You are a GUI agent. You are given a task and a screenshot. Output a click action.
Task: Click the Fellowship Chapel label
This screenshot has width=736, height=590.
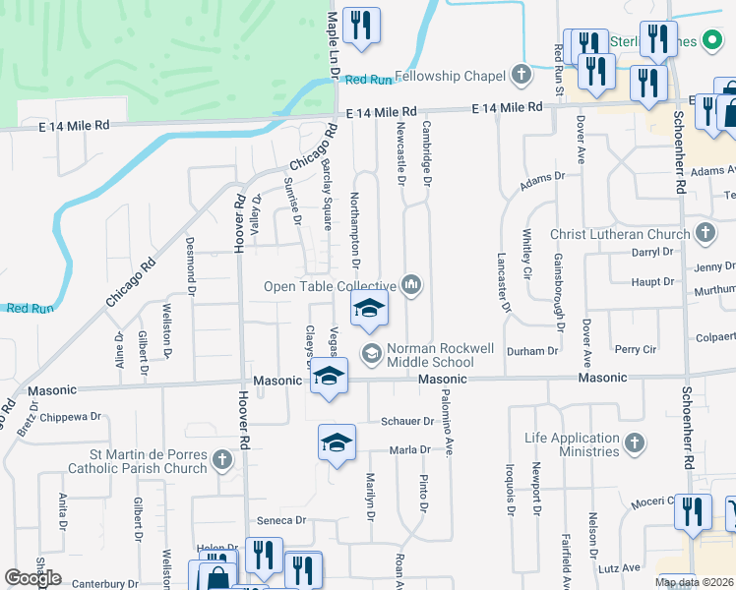pyautogui.click(x=452, y=76)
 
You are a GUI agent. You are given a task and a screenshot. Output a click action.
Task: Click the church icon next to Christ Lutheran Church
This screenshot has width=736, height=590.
pyautogui.click(x=704, y=233)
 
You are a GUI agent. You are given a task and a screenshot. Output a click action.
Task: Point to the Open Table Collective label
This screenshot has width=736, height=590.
pyautogui.click(x=329, y=286)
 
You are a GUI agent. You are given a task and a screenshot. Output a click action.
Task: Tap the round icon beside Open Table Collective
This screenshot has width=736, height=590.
pyautogui.click(x=411, y=286)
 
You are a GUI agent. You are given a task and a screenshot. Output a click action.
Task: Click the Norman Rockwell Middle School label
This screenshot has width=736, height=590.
pyautogui.click(x=431, y=355)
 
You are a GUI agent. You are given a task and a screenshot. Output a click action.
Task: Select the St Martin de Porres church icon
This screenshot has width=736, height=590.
pyautogui.click(x=222, y=459)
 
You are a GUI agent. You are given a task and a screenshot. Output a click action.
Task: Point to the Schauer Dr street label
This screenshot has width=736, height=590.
pyautogui.click(x=407, y=421)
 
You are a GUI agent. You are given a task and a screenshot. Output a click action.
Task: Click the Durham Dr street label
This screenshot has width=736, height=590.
pyautogui.click(x=532, y=351)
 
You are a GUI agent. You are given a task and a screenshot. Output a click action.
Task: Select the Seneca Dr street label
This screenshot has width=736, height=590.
pyautogui.click(x=275, y=520)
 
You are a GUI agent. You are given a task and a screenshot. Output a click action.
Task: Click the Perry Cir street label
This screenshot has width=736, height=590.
pyautogui.click(x=636, y=349)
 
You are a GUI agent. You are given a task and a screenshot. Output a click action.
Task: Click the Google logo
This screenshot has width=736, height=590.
pyautogui.click(x=32, y=578)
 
